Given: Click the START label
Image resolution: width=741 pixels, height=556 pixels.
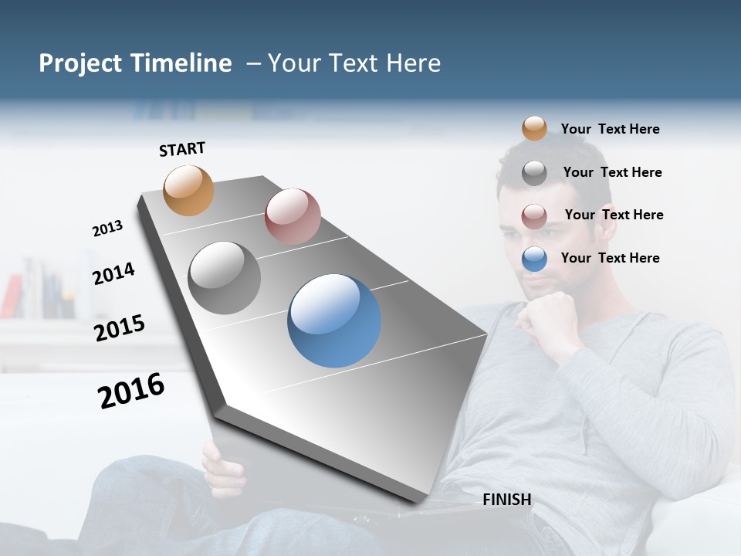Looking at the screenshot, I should (x=182, y=149).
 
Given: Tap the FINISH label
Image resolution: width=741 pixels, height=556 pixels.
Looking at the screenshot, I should (x=507, y=500).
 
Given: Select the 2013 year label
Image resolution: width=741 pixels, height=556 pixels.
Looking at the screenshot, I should (x=107, y=229).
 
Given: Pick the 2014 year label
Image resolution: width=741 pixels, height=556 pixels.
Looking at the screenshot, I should (x=113, y=273).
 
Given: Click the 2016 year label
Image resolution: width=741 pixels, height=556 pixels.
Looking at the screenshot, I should (x=131, y=391).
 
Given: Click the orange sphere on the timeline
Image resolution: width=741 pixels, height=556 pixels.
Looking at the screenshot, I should (x=189, y=190).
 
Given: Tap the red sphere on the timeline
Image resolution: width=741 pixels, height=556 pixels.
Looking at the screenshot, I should (x=293, y=215).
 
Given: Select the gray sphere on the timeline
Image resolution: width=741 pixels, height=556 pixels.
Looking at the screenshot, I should (x=225, y=278).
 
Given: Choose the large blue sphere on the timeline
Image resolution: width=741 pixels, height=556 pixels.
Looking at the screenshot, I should (x=334, y=320).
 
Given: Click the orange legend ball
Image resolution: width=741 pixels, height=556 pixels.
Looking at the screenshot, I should (x=534, y=128).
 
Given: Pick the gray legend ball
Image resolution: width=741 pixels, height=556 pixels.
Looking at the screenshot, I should (x=534, y=173).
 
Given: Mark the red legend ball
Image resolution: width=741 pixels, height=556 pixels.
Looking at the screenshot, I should (x=534, y=216).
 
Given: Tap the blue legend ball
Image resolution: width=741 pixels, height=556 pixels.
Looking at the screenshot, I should (x=534, y=259).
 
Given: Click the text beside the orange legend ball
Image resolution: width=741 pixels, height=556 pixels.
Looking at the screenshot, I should (x=610, y=129).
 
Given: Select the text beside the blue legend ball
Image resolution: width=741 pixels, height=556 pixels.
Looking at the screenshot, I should (x=610, y=258).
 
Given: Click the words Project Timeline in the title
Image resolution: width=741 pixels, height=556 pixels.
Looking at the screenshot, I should (x=135, y=63).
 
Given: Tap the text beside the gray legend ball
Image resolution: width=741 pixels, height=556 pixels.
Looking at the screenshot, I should (x=612, y=172).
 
